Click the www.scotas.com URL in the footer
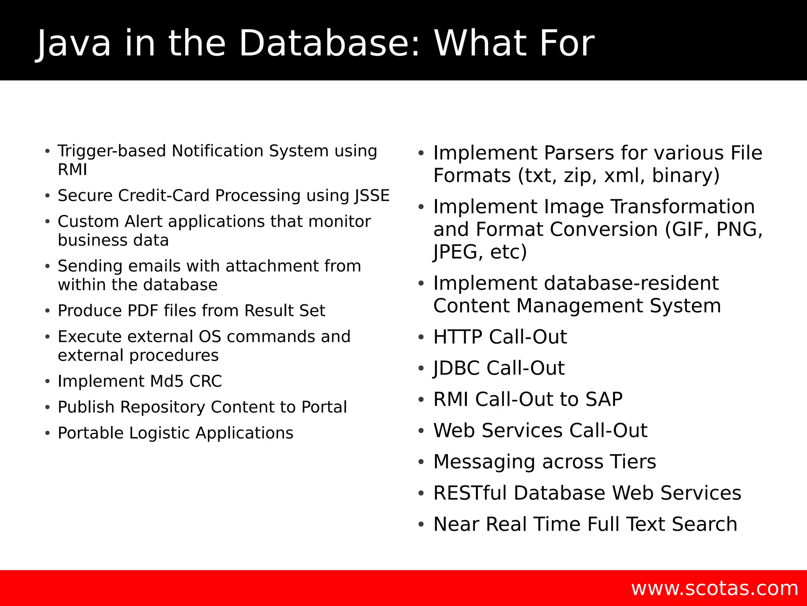point(714,588)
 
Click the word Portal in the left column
point(324,407)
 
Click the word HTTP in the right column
point(457,337)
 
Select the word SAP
point(604,399)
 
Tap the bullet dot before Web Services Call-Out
point(421,431)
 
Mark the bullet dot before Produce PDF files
point(47,311)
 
